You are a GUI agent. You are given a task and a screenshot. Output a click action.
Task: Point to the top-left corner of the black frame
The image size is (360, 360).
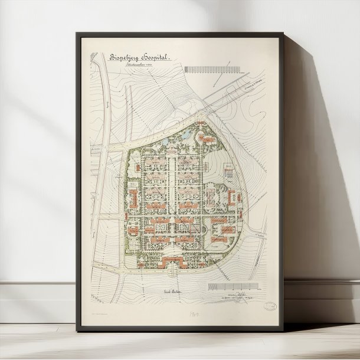click(x=78, y=33)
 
